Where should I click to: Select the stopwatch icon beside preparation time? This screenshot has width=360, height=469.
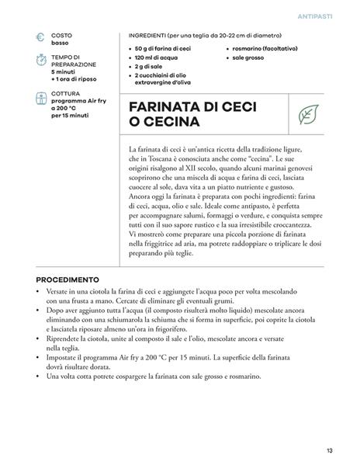pos(39,61)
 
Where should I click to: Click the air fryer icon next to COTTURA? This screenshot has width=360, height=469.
pos(39,98)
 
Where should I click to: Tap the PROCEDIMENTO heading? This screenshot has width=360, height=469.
pos(67,279)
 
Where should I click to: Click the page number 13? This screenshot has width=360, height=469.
pos(330,450)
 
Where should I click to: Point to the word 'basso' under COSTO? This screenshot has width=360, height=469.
pos(60,43)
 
